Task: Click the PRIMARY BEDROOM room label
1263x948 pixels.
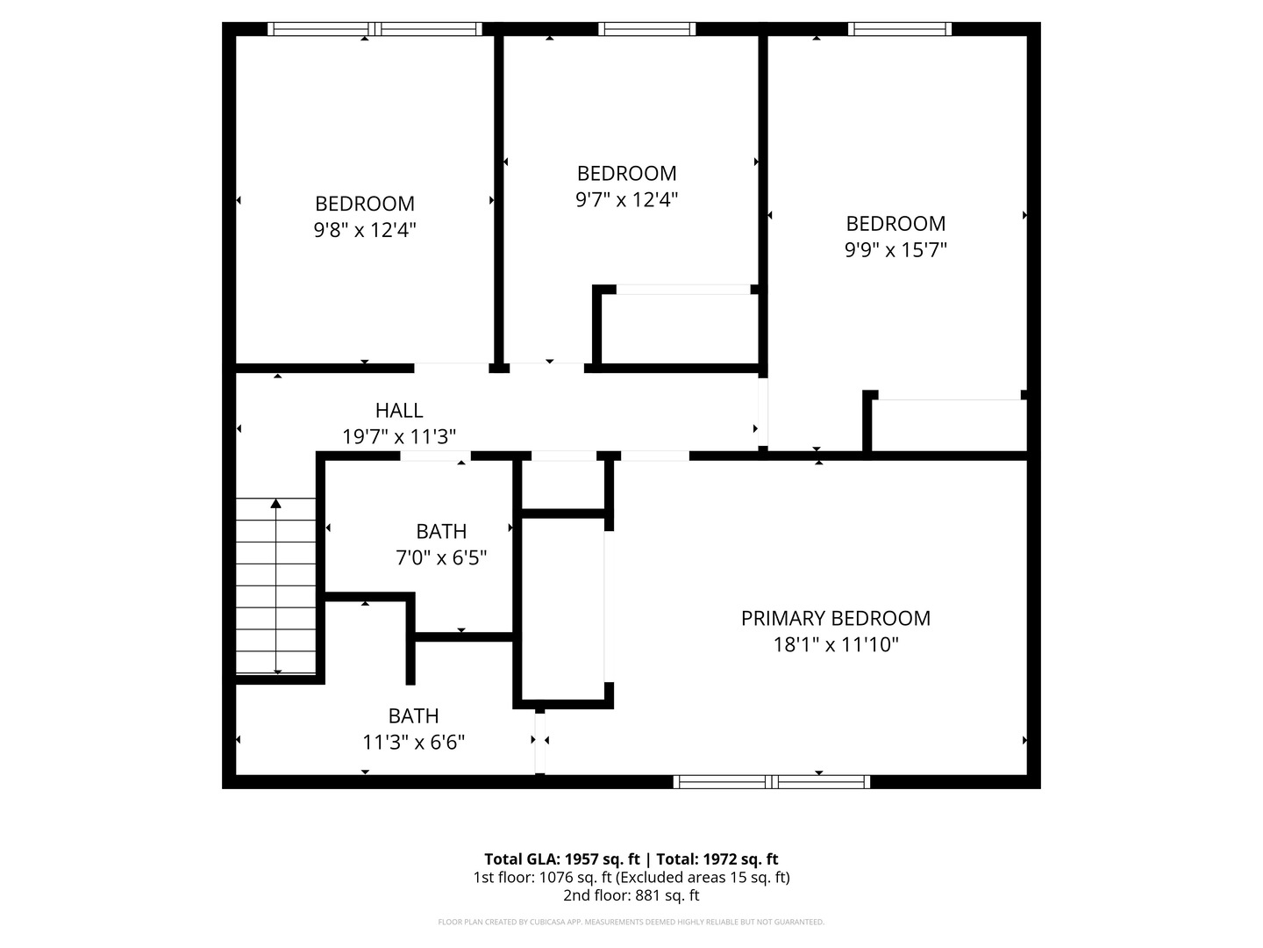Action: [x=835, y=618]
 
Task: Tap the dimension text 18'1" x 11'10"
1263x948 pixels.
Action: [x=835, y=645]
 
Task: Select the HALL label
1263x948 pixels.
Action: [x=399, y=410]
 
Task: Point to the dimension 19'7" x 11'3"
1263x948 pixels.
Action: [x=399, y=436]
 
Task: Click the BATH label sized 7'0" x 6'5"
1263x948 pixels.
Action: [x=441, y=531]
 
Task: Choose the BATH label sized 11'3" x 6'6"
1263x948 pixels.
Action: [x=413, y=715]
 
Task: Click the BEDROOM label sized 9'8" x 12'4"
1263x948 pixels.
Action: [x=365, y=204]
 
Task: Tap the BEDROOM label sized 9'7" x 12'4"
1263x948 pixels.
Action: [x=626, y=173]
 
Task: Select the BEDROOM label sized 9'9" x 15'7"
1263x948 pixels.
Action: [x=896, y=223]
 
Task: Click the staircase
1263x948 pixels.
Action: [x=276, y=586]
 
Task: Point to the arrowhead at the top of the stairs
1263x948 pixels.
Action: [x=276, y=504]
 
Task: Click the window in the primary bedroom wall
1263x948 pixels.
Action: [x=772, y=781]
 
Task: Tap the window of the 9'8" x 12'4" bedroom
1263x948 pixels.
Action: [x=375, y=29]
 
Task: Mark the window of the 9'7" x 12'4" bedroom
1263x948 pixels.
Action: [x=646, y=29]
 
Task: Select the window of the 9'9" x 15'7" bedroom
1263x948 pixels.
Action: [x=900, y=29]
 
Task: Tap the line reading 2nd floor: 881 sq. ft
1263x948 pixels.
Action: [x=631, y=895]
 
